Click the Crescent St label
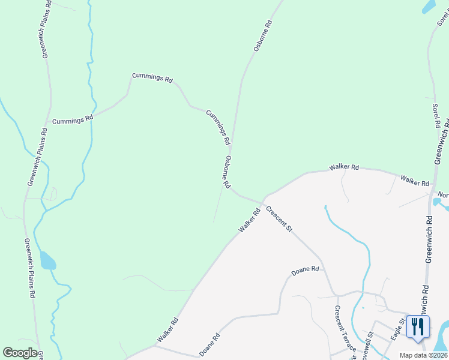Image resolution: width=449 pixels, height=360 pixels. tap(279, 220)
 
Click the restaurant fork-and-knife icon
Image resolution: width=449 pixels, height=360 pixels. tap(417, 326)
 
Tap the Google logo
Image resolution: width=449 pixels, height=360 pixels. tap(20, 353)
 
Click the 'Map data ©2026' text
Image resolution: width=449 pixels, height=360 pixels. tap(423, 355)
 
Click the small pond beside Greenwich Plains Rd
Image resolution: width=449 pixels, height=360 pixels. tap(47, 262)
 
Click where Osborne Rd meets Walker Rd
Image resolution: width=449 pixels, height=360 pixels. tap(264, 201)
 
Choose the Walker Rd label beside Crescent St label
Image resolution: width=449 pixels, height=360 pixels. tap(249, 220)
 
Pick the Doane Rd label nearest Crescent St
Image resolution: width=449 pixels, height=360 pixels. tap(305, 271)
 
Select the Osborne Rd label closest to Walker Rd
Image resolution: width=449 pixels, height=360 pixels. tap(227, 173)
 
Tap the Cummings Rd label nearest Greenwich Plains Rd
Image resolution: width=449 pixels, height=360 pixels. tap(73, 120)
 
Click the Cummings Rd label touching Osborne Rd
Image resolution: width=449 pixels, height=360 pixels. tap(218, 127)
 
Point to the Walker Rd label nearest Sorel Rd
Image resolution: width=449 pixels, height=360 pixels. tap(415, 181)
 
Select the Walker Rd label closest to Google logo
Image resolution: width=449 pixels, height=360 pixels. tap(167, 330)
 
